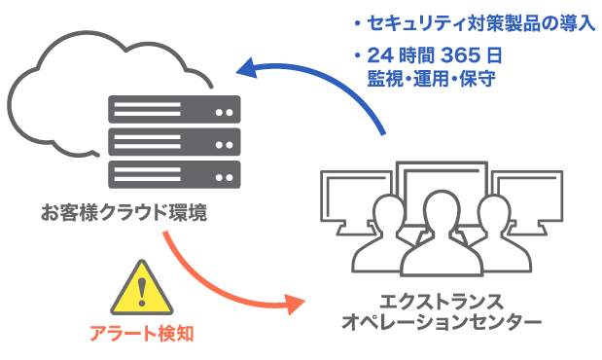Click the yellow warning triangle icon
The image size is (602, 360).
(x=142, y=288)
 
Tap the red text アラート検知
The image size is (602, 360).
(x=141, y=334)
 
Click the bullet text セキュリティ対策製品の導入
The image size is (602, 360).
(x=478, y=23)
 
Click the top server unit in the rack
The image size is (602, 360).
(x=175, y=108)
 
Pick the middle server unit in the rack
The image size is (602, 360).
(x=175, y=141)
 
